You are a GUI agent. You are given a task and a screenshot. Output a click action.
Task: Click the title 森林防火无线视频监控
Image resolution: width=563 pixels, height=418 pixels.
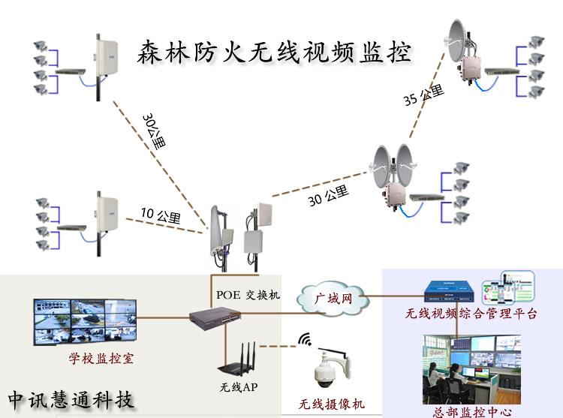point(274,53)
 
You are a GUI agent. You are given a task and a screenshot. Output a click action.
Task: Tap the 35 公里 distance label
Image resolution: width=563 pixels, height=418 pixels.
point(423,96)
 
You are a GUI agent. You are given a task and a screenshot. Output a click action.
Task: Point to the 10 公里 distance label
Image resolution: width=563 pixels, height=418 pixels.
point(160,215)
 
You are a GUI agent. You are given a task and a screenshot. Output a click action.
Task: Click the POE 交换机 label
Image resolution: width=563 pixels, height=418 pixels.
point(248,294)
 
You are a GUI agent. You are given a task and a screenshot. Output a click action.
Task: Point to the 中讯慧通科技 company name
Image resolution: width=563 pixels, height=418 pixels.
point(72,398)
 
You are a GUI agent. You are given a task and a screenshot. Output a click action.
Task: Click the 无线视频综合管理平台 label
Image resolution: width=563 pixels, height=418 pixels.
point(471,314)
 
